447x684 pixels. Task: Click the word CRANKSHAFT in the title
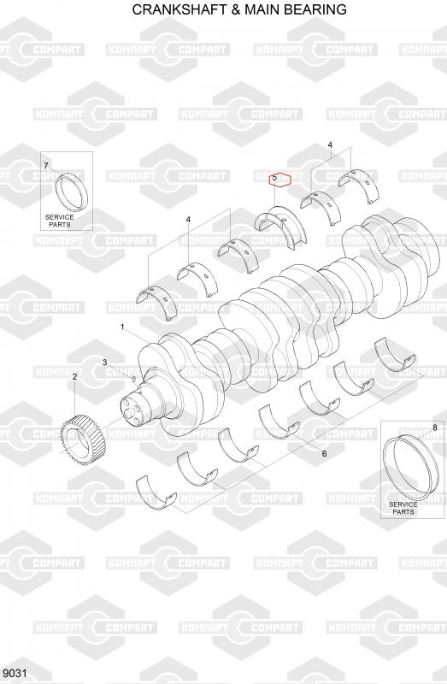pyautogui.click(x=179, y=9)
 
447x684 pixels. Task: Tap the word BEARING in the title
pyautogui.click(x=317, y=9)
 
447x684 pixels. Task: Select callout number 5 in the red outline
pyautogui.click(x=274, y=178)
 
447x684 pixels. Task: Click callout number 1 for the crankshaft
pyautogui.click(x=122, y=327)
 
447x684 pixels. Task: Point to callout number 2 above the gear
pyautogui.click(x=74, y=376)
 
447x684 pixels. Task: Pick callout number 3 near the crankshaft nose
pyautogui.click(x=104, y=362)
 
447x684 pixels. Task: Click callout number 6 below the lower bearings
pyautogui.click(x=324, y=454)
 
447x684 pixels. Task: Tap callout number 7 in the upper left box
pyautogui.click(x=46, y=165)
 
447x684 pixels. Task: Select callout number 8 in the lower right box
pyautogui.click(x=435, y=427)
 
